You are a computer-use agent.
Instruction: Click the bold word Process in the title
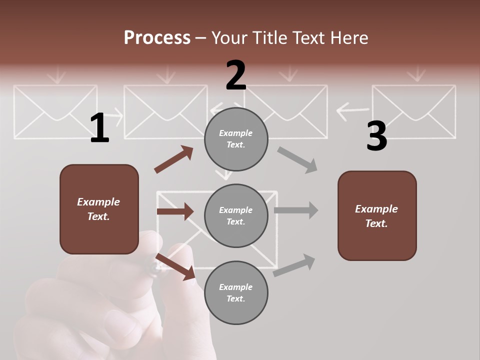(157, 37)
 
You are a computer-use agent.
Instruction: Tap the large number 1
(99, 128)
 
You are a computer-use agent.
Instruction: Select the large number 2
(236, 75)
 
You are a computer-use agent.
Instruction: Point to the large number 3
(376, 136)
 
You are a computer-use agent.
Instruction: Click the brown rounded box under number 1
(99, 209)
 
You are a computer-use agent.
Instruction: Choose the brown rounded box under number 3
(377, 215)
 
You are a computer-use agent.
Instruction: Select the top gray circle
(236, 139)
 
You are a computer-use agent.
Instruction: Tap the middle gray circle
(236, 215)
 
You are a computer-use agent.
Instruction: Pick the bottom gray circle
(236, 292)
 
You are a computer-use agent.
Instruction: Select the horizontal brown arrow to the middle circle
(175, 211)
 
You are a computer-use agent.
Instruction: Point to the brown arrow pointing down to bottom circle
(175, 266)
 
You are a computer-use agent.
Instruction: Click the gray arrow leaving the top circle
(297, 160)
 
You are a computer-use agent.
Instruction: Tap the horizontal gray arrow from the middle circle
(296, 210)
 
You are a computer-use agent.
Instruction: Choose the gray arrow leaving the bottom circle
(294, 265)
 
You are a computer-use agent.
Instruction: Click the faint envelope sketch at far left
(55, 111)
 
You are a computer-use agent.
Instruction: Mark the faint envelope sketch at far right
(413, 111)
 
